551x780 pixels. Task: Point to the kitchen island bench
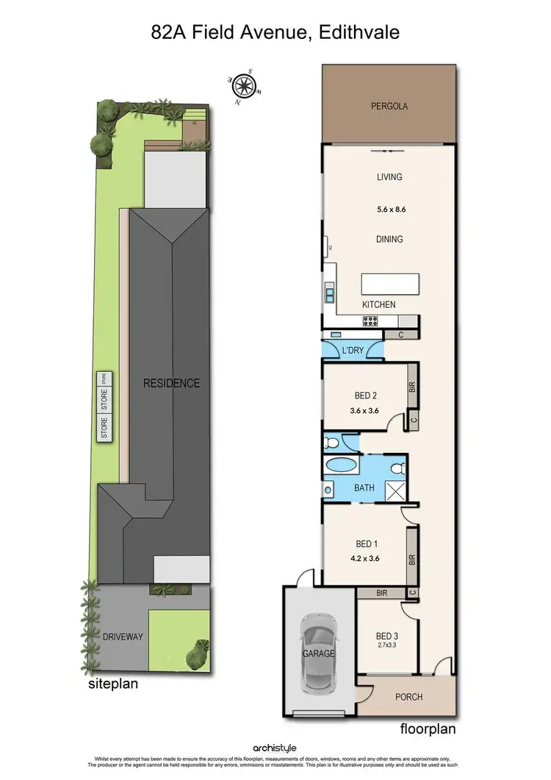(x=389, y=283)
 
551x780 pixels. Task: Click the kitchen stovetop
(x=370, y=321)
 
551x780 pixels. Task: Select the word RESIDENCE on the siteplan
(x=171, y=383)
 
